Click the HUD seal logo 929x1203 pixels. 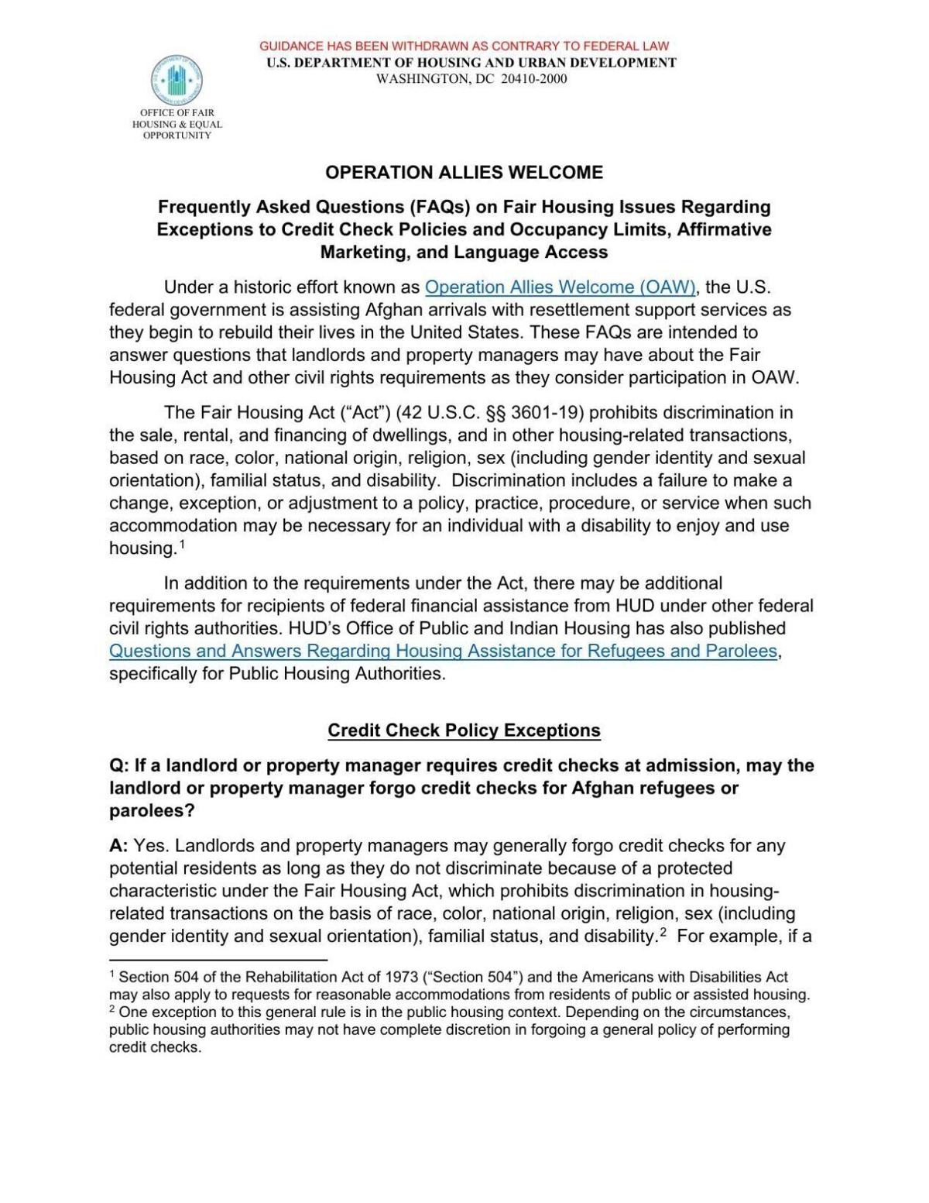pos(177,80)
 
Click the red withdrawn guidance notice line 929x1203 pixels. pos(464,46)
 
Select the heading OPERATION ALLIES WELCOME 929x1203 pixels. pos(464,172)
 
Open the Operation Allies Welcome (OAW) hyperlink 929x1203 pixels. pos(560,287)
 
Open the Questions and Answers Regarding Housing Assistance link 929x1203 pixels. pos(443,651)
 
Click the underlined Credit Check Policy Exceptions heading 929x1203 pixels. pos(464,730)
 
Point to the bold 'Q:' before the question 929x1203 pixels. pos(119,765)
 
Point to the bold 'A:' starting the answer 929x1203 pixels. pos(118,845)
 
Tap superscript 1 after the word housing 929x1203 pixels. pos(182,544)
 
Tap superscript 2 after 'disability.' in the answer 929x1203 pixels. pos(663,932)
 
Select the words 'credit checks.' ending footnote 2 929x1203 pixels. pos(155,1047)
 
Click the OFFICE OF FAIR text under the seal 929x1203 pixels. pos(177,112)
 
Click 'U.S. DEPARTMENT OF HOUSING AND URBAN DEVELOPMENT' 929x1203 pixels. pos(471,63)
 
